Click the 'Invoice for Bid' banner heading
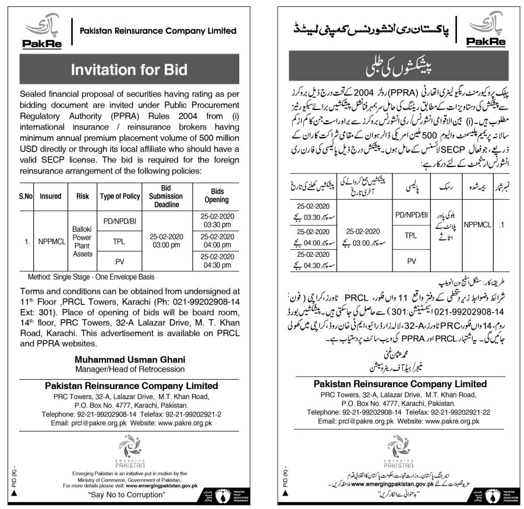click(129, 70)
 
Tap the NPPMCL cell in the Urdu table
click(478, 222)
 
